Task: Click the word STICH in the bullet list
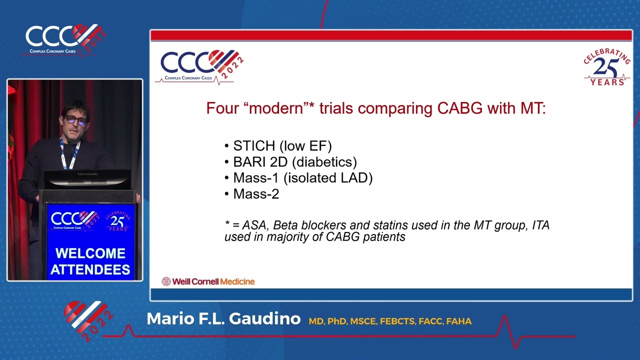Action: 254,146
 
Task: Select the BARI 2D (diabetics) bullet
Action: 294,162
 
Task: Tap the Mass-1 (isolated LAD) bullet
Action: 302,178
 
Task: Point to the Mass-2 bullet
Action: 255,194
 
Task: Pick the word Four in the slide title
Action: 222,108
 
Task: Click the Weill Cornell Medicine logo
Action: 208,281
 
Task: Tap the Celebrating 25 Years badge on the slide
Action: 606,68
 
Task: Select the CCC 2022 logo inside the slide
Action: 200,65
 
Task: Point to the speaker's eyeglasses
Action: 76,120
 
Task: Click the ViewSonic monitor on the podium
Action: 87,179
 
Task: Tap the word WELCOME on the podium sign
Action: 90,253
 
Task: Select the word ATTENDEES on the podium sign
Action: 90,270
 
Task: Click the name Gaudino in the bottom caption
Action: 265,319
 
